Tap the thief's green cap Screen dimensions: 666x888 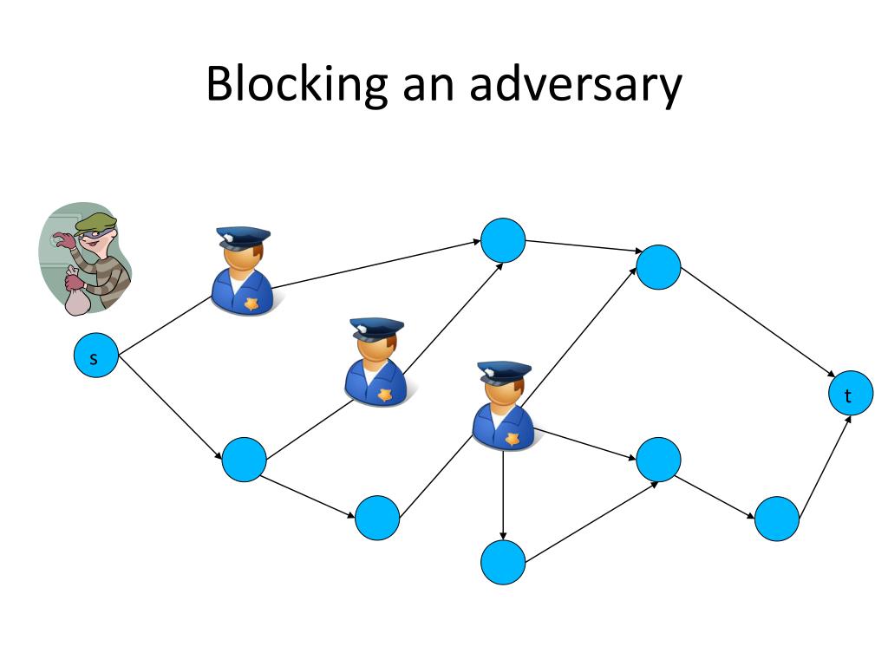(96, 224)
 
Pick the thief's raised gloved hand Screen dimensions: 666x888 (62, 242)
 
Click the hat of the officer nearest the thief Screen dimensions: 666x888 (243, 236)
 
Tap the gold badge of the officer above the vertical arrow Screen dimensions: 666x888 (513, 439)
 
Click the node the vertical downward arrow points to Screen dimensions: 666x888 (503, 562)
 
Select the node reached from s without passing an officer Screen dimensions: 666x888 (244, 459)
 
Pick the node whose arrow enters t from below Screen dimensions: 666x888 (776, 519)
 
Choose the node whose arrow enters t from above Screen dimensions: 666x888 (658, 266)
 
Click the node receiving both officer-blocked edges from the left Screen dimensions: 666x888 (503, 240)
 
